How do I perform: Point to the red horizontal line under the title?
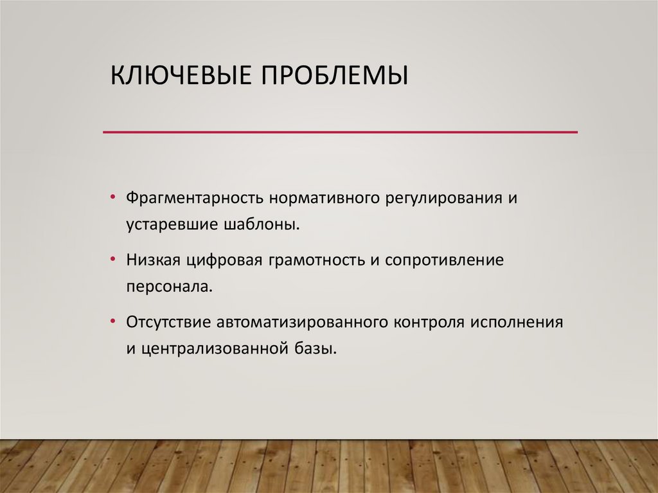pyautogui.click(x=341, y=132)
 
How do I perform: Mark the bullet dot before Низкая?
pyautogui.click(x=113, y=260)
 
